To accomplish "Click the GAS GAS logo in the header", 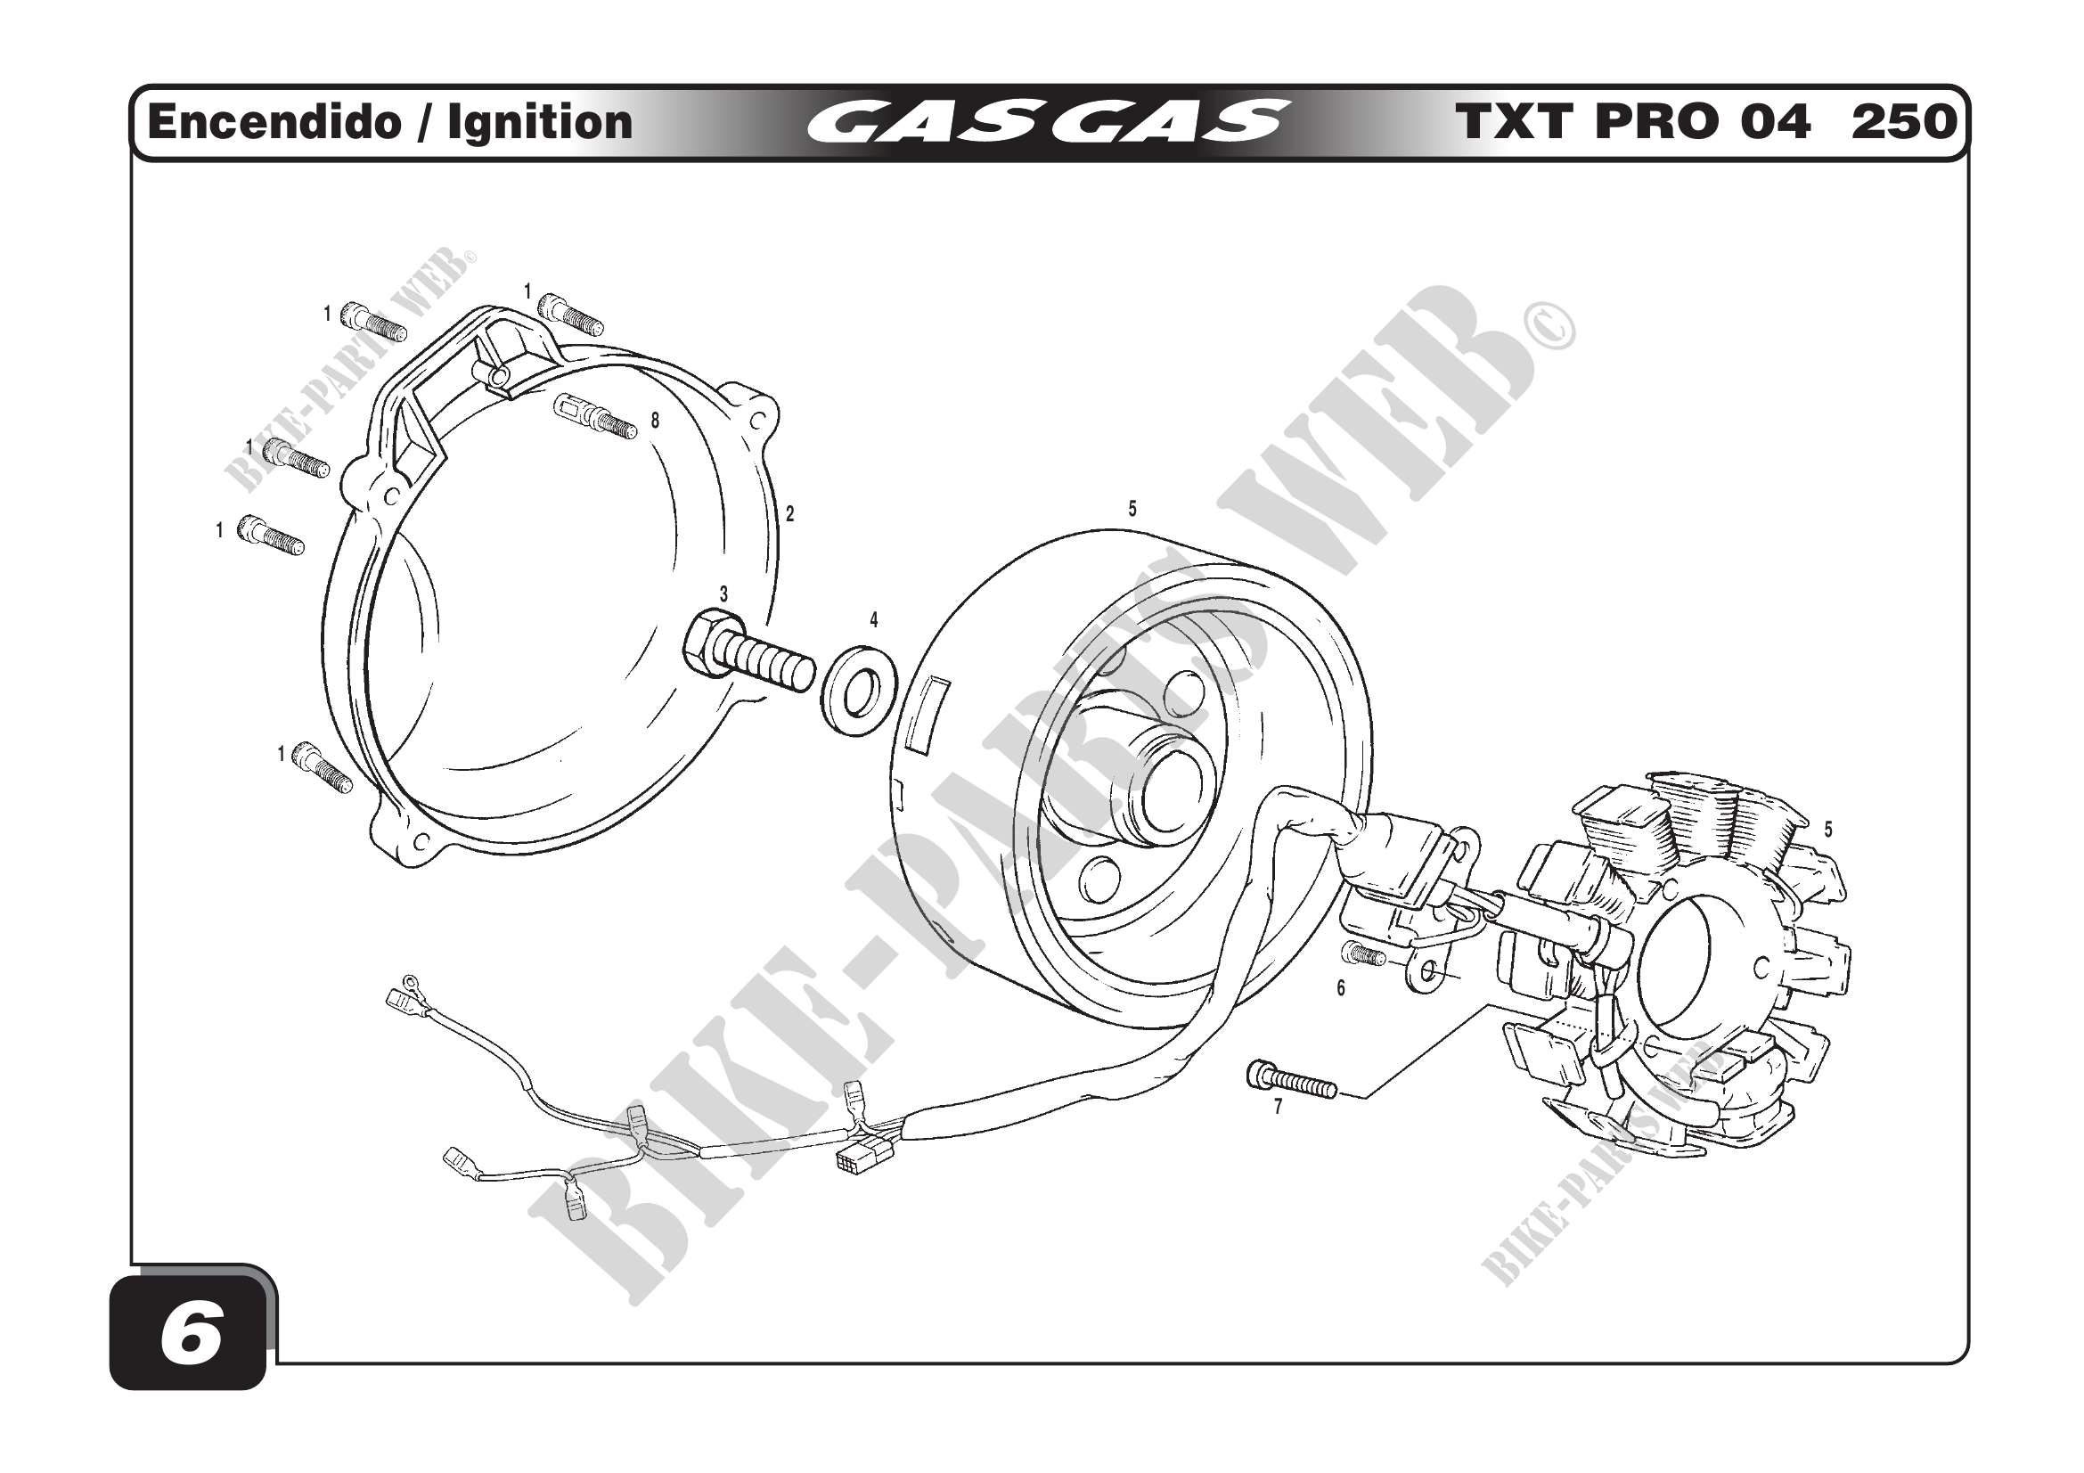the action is [x=1048, y=121].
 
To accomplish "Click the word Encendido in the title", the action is [x=274, y=121].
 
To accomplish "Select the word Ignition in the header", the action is [x=540, y=121].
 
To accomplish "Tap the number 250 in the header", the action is [x=1903, y=121].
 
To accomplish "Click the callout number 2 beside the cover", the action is [x=789, y=513].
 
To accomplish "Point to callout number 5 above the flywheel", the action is [x=1132, y=509].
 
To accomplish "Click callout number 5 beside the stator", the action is [x=1828, y=829].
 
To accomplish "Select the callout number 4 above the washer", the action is [x=873, y=620].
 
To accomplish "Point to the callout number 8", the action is [x=655, y=421].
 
